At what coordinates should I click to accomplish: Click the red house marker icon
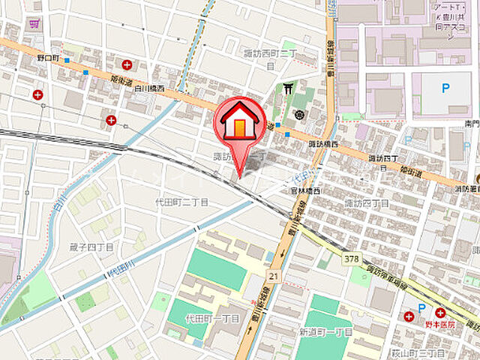(239, 120)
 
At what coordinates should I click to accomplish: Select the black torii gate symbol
(287, 89)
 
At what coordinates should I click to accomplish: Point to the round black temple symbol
(299, 114)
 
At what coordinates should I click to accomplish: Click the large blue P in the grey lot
(445, 88)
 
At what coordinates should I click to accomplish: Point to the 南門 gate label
(470, 123)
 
